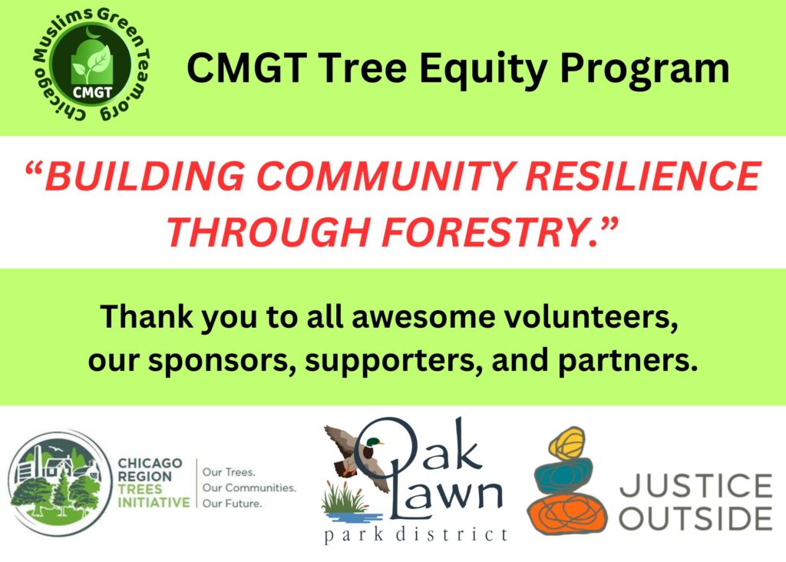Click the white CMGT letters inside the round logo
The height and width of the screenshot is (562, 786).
(92, 93)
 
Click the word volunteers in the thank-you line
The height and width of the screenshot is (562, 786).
(590, 317)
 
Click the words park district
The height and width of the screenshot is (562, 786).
(415, 535)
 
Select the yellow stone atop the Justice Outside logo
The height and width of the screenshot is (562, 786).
(567, 443)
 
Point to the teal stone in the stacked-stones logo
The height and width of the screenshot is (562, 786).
(563, 478)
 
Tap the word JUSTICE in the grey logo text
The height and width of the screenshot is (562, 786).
(696, 486)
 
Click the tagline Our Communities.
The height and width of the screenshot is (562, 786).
(249, 488)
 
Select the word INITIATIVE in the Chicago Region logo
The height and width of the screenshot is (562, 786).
(154, 502)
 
